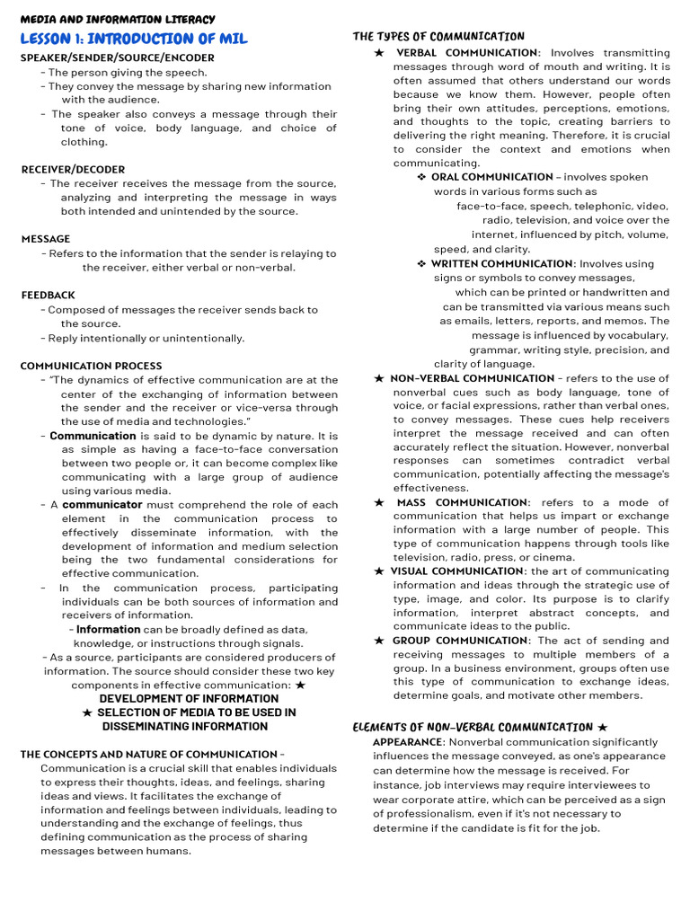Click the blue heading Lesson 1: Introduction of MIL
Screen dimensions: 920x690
pos(134,39)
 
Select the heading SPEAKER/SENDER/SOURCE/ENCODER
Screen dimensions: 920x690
pos(118,57)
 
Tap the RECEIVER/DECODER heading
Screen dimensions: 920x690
pos(73,169)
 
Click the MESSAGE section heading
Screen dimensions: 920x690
pos(46,239)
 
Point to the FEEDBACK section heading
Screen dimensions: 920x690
pos(49,295)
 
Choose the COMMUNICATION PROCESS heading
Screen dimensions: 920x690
pos(92,366)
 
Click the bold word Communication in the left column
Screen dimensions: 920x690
pos(93,436)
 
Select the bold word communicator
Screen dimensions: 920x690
pos(102,505)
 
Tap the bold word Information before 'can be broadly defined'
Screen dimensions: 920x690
pos(108,630)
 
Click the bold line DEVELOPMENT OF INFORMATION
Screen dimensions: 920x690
pos(189,698)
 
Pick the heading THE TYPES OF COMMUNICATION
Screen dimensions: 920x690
pos(438,37)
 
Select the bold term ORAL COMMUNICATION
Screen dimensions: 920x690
pos(491,177)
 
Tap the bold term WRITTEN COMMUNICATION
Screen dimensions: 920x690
pos(501,263)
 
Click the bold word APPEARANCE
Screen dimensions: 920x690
pos(408,742)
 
